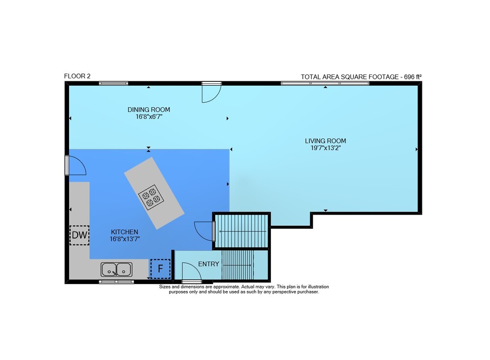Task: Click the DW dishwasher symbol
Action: point(79,235)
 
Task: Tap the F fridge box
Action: point(160,269)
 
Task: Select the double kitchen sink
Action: point(116,269)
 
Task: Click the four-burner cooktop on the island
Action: point(151,197)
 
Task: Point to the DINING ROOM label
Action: point(149,110)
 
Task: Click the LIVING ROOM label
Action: point(325,141)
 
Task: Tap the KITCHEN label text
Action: point(124,232)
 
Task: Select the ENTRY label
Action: point(209,264)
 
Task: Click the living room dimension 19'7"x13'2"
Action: point(325,148)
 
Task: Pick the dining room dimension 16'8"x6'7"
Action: point(149,117)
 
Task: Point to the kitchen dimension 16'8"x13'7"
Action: point(124,239)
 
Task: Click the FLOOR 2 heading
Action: point(77,76)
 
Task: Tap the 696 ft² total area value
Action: point(413,77)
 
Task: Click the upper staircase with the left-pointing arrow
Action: point(242,231)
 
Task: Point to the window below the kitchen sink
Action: point(116,282)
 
